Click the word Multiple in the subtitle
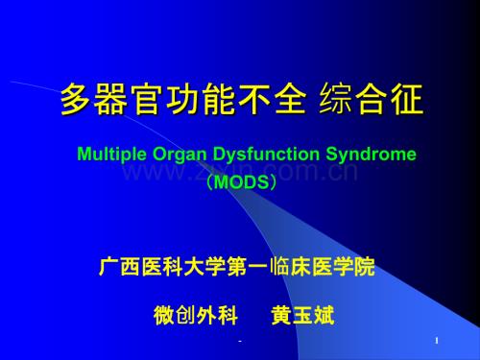[111, 155]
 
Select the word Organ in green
[180, 156]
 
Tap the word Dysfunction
[266, 155]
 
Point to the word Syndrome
[371, 155]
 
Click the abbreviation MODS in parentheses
[241, 182]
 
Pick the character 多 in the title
[77, 99]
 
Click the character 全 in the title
[291, 99]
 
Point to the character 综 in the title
[335, 99]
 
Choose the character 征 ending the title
[407, 99]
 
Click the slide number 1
[437, 341]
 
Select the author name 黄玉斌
[302, 315]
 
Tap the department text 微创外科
[196, 315]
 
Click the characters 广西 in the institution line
[120, 266]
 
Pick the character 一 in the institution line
[257, 266]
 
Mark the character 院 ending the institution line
[365, 266]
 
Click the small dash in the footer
[240, 342]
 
